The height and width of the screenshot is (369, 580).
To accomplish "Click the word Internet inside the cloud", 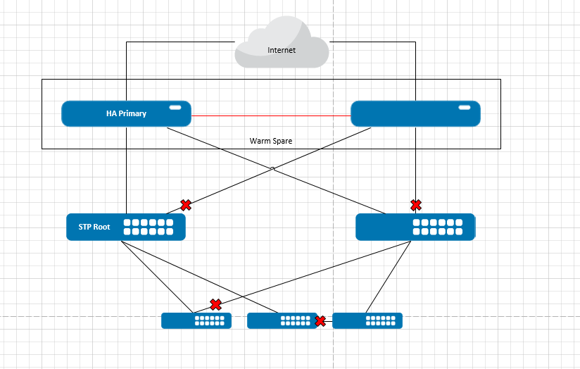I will [282, 51].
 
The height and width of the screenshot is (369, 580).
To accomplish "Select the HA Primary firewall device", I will [126, 113].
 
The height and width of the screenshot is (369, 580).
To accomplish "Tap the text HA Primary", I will [126, 113].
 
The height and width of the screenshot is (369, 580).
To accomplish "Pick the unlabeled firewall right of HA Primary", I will [415, 113].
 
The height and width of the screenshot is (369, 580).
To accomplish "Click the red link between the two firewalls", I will [271, 115].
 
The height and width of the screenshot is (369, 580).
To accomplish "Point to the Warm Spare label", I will [271, 141].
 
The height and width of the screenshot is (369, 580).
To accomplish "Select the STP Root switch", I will [126, 227].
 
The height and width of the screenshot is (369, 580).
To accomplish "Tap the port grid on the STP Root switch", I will [149, 227].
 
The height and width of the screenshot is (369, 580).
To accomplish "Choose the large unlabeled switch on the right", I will [415, 227].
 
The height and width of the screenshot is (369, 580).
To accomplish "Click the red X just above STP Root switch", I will [186, 205].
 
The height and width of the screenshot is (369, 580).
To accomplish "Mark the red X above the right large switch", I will [416, 205].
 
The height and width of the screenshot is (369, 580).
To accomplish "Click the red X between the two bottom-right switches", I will [321, 321].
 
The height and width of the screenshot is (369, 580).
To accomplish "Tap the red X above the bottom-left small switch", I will [216, 305].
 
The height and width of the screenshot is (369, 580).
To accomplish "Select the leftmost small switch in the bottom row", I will [196, 320].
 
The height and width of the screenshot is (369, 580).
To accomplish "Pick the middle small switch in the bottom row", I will [282, 320].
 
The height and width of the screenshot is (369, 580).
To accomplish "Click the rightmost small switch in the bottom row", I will [367, 320].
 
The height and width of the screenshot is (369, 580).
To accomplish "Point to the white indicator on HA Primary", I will [175, 107].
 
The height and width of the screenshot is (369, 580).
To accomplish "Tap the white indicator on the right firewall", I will [465, 107].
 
